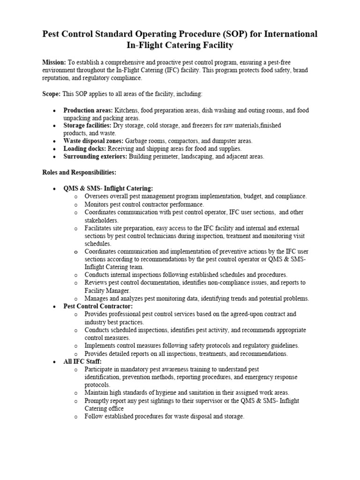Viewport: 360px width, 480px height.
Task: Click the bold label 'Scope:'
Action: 51,94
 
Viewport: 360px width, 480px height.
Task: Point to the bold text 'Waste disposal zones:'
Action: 93,141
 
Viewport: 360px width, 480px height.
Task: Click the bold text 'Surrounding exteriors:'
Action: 96,157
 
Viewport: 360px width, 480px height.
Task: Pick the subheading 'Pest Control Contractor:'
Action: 98,306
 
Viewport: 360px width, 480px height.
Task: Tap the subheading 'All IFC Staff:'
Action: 82,362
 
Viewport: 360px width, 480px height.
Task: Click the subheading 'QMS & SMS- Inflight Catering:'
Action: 108,188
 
